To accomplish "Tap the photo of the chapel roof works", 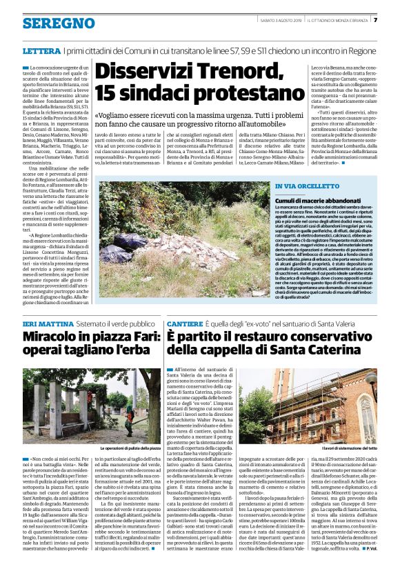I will pyautogui.click(x=307, y=403).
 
